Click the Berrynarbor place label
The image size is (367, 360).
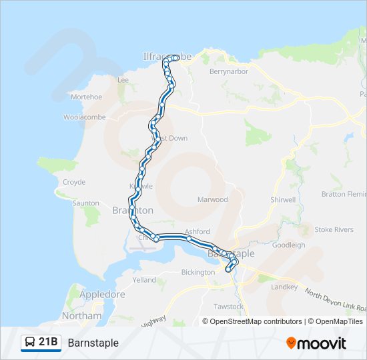228,71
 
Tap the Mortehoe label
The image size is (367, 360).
86,97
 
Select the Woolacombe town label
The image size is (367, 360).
82,117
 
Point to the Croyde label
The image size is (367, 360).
73,182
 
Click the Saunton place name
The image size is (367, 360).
86,203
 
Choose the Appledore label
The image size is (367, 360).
102,294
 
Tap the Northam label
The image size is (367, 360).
81,315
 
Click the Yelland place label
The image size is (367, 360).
144,280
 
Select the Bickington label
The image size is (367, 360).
198,273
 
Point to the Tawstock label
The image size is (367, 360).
228,307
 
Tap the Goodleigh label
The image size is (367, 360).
289,245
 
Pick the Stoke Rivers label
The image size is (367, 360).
334,230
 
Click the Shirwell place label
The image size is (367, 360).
283,200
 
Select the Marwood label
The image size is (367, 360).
213,200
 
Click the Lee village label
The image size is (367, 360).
123,80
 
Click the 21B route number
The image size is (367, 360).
47,343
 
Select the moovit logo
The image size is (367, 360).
316,343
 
